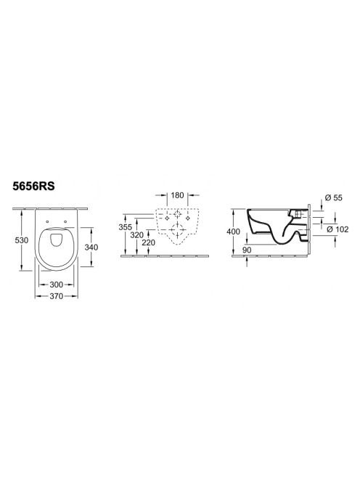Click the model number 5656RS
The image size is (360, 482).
34,187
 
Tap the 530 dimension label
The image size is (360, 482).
22,240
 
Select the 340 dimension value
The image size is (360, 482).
91,247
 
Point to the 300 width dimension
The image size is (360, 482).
57,285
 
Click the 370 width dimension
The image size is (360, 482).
57,296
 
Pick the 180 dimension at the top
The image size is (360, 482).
177,195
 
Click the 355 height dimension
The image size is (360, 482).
126,227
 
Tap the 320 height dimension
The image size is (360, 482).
136,235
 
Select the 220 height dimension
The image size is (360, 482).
149,243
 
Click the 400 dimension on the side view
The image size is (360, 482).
233,232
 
